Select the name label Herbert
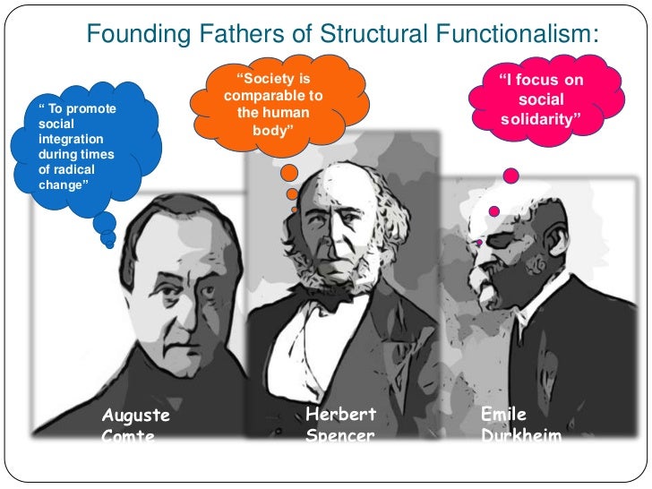(x=340, y=414)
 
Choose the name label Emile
(x=503, y=414)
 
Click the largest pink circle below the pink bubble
(x=511, y=176)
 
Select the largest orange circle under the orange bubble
(x=289, y=173)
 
